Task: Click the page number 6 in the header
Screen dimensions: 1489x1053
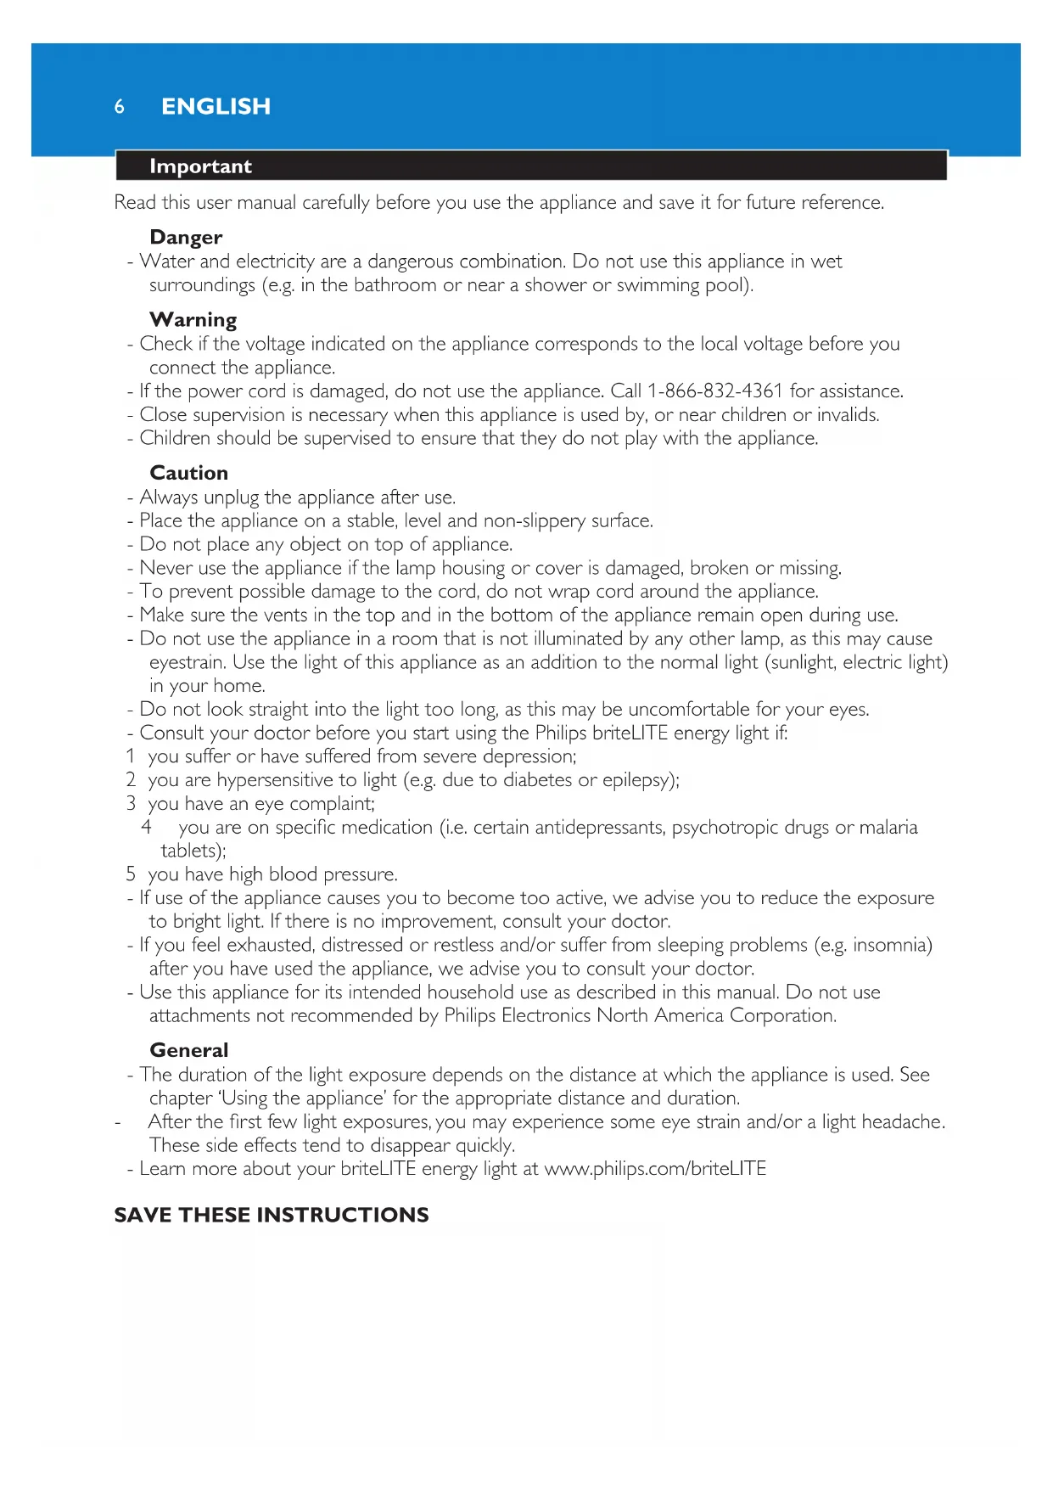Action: tap(120, 107)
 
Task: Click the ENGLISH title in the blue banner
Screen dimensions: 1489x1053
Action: tap(216, 107)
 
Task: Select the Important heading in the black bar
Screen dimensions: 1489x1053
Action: tap(200, 166)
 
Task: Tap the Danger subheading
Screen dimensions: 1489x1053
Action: tap(186, 238)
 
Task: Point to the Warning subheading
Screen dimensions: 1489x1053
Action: tap(193, 320)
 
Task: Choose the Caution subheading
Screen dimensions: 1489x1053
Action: tap(188, 473)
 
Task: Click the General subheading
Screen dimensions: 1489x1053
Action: tap(188, 1050)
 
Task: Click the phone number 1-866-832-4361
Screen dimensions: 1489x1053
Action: tap(714, 391)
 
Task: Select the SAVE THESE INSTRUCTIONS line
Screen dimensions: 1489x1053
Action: tap(272, 1215)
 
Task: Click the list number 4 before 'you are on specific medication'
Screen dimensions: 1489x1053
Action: tap(147, 827)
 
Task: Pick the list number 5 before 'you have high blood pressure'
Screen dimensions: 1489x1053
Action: tap(131, 874)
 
